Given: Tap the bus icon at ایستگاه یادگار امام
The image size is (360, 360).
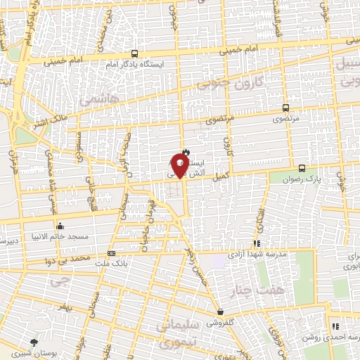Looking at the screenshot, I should (134, 53).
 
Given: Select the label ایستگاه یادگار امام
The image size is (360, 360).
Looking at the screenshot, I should (135, 64).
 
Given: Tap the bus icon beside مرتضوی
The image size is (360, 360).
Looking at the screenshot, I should (285, 108).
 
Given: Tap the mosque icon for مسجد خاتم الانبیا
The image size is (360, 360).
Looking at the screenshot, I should (60, 226).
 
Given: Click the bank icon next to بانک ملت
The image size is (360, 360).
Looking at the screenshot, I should (111, 252).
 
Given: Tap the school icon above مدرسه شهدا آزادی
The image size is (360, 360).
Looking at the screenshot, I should (256, 243).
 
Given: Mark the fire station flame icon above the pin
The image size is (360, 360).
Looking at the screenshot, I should (186, 150).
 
